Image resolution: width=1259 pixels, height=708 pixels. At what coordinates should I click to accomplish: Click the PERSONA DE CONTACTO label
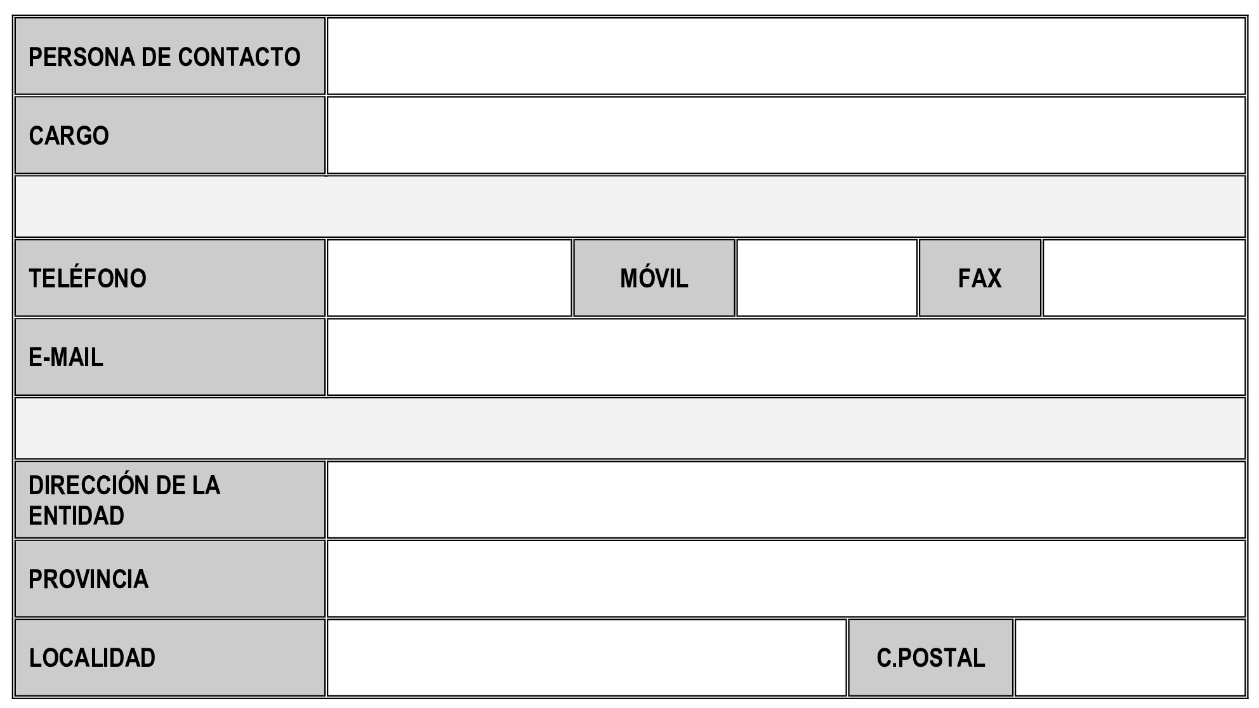(x=164, y=57)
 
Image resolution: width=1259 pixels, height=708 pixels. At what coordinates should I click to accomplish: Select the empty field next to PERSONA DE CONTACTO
(x=786, y=56)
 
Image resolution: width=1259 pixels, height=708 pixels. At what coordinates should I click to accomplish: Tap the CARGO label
(x=69, y=136)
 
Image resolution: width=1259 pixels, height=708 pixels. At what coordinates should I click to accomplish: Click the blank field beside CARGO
(x=786, y=135)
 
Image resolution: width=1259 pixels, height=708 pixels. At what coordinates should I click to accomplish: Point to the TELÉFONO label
(x=88, y=278)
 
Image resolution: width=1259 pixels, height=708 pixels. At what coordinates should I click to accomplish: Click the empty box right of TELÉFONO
(x=449, y=278)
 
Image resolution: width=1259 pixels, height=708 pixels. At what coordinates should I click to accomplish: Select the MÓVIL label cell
(x=654, y=278)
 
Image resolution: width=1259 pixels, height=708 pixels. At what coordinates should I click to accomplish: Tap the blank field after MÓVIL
(x=827, y=278)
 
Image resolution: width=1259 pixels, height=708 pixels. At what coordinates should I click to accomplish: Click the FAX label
(x=980, y=279)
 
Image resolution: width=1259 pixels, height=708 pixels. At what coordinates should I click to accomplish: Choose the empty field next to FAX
(x=1144, y=278)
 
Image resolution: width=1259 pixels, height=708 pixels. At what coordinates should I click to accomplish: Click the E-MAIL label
(x=66, y=357)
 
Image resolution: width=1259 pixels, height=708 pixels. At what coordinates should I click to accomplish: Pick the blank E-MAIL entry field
(x=786, y=357)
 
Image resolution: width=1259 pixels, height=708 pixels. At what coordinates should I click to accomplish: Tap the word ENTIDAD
(x=76, y=516)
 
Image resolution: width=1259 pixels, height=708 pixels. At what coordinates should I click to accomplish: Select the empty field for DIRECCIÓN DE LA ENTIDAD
(x=786, y=500)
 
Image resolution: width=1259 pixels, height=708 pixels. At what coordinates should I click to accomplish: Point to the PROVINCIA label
(x=88, y=579)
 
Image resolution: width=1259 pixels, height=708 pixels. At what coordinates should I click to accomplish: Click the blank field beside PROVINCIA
(x=786, y=579)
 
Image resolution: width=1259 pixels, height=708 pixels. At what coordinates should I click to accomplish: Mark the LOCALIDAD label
(x=92, y=658)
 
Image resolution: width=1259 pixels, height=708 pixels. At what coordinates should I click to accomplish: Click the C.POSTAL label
(x=931, y=658)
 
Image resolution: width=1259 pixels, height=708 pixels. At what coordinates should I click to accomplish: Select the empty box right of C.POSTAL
(x=1130, y=658)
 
